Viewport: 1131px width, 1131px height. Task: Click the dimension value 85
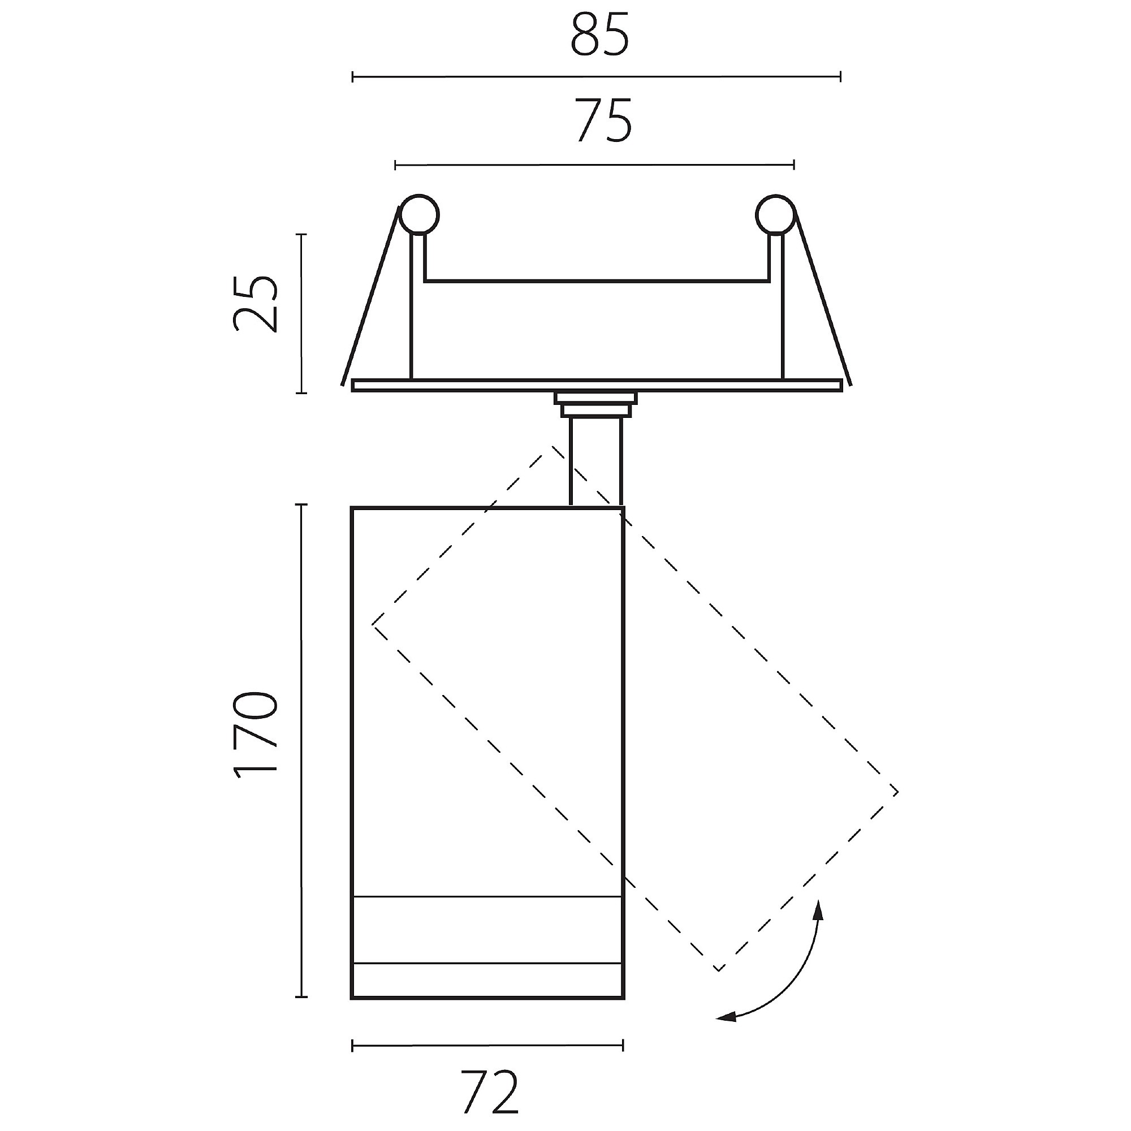pyautogui.click(x=600, y=34)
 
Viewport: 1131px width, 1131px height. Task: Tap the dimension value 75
pyautogui.click(x=603, y=120)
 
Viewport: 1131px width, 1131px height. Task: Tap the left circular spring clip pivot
pyautogui.click(x=418, y=214)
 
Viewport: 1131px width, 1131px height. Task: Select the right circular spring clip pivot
pyautogui.click(x=775, y=214)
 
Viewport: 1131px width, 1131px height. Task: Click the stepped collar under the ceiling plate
pyautogui.click(x=596, y=404)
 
